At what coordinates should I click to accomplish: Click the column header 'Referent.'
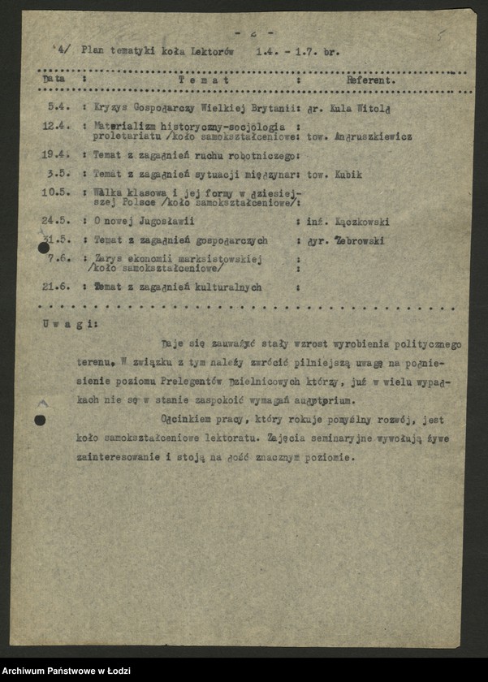point(371,81)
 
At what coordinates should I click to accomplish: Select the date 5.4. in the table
point(58,107)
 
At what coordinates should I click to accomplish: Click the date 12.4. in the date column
point(56,127)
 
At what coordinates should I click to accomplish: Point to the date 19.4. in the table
point(56,155)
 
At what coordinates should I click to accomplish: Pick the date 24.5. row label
point(56,222)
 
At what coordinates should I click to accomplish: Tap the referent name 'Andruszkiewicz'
point(374,137)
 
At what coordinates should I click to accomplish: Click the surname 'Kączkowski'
point(363,222)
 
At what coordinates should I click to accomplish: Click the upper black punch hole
point(44,248)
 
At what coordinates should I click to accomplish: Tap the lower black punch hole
point(39,420)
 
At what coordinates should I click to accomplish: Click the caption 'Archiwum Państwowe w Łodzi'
point(62,670)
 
